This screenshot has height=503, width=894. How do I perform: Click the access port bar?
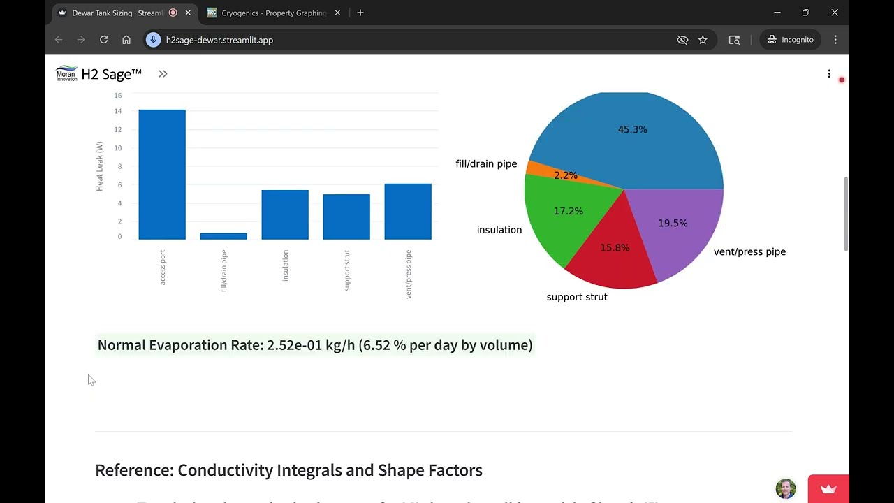coord(162,175)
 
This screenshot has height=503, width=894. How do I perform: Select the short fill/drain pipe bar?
coord(223,236)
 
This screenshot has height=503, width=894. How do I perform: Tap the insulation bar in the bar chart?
coord(285,214)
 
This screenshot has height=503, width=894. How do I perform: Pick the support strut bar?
coord(346,217)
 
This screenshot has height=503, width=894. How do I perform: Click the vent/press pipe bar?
coord(408,212)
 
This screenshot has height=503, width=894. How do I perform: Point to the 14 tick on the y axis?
coord(118,111)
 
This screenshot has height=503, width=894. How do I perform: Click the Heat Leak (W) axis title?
coord(100,166)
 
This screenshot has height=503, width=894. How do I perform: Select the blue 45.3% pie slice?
coord(629,140)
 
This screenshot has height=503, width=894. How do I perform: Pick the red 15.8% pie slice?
coord(611,255)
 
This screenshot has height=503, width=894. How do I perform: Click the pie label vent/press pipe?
coord(749,251)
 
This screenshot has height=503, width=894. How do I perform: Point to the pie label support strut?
coord(577,297)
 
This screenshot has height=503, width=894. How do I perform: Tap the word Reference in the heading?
coord(133,470)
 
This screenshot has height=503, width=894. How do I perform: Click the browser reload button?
coord(103,40)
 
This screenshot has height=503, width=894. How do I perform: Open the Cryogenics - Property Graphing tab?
coord(272,13)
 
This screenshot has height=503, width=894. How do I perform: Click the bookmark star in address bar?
coord(703,40)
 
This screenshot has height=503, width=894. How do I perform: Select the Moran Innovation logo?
coord(66,73)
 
